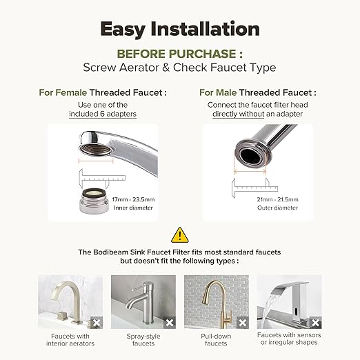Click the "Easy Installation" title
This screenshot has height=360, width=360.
point(180,28)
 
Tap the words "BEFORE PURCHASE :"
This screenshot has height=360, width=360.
point(180,53)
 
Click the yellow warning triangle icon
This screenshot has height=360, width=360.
point(180,235)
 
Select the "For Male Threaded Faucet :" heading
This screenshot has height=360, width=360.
point(257,92)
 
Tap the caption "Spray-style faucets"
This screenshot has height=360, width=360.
point(143,339)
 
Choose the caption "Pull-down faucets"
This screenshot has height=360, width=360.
point(216,339)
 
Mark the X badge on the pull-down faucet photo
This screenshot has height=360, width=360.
point(241,322)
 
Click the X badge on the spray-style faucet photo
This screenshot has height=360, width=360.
point(169,322)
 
